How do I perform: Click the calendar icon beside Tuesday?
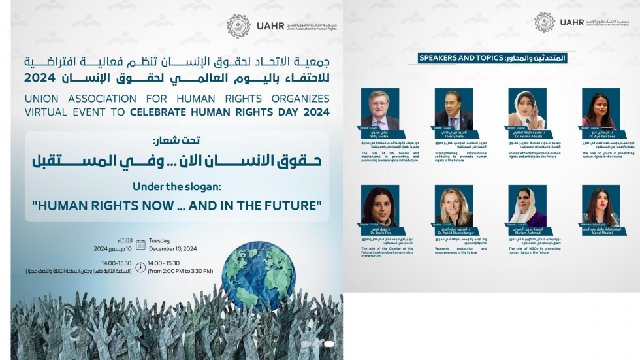[140, 244]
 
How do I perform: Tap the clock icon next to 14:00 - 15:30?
[140, 263]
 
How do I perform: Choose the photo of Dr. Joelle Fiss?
[379, 206]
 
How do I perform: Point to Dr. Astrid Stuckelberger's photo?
[453, 206]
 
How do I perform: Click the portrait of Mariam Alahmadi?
[527, 206]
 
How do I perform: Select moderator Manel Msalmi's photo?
[601, 206]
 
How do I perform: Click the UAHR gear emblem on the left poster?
[238, 26]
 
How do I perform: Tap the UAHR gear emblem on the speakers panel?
[544, 23]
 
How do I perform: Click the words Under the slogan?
[176, 187]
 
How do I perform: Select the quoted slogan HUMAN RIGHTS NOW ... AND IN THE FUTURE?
[176, 205]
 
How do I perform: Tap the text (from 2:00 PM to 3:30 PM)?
[185, 270]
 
